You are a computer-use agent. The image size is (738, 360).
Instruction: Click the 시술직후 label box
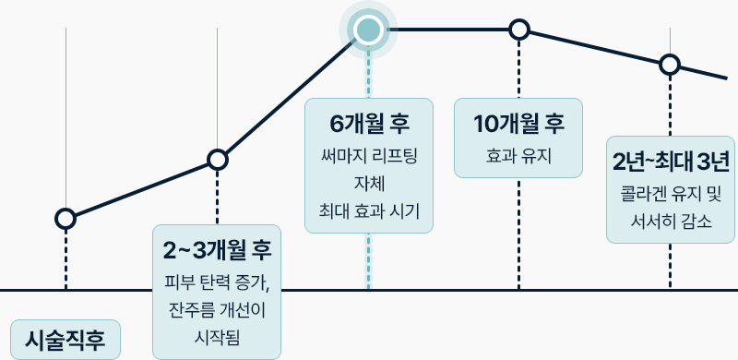65,338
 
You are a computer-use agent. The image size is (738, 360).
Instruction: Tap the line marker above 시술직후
65,219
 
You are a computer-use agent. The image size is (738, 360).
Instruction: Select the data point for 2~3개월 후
217,160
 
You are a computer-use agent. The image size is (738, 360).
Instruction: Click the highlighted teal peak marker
368,30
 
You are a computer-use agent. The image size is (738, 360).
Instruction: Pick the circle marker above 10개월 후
519,30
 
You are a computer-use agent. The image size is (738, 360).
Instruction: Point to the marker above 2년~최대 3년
670,65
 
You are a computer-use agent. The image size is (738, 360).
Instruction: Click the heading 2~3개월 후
217,249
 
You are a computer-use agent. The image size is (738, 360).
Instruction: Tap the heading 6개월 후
368,123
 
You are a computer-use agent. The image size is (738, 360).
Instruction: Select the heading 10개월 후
518,123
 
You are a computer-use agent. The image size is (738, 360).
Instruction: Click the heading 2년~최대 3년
671,162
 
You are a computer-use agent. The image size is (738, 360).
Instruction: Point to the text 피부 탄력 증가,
217,282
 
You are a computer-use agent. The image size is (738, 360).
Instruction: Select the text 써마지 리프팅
368,156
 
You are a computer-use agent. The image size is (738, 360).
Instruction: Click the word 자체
368,184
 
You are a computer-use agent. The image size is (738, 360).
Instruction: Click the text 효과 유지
518,156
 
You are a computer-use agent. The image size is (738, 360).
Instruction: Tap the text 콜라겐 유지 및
671,195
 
